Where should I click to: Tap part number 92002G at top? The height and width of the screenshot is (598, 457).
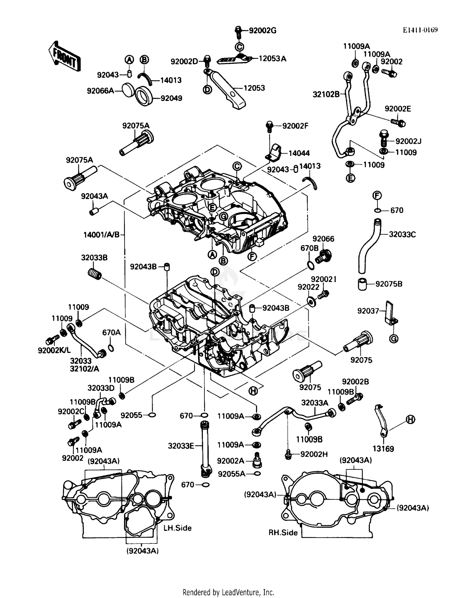click(x=262, y=30)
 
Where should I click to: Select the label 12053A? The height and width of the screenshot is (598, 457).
click(x=272, y=59)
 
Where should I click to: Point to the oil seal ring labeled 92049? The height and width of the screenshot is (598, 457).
click(x=144, y=96)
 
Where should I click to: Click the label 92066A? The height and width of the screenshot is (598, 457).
click(x=100, y=91)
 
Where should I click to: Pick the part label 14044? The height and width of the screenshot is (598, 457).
click(x=299, y=153)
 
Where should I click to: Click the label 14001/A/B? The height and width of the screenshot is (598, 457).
click(x=101, y=235)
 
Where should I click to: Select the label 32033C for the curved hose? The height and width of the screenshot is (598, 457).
click(x=402, y=234)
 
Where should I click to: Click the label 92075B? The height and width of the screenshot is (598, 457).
click(x=389, y=284)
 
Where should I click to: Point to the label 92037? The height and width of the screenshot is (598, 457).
click(x=368, y=311)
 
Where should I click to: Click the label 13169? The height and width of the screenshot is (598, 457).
click(x=383, y=449)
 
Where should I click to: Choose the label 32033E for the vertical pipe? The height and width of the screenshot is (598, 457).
click(x=181, y=446)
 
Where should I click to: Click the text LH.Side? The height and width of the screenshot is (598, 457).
click(x=178, y=528)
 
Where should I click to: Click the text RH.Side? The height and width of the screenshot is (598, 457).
click(x=283, y=532)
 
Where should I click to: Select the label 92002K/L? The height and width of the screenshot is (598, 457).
click(x=54, y=351)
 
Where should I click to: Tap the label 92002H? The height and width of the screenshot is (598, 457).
click(x=314, y=454)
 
